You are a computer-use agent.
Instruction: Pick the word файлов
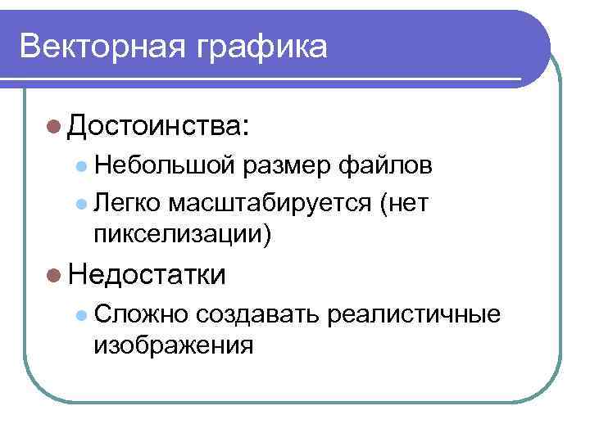point(383,167)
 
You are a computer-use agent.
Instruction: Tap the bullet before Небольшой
point(80,168)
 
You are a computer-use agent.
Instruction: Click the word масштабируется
point(271,202)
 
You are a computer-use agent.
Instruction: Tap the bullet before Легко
point(80,202)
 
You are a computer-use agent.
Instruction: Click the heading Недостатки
point(147,274)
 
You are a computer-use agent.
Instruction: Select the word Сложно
point(141,314)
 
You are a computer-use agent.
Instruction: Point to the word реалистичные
point(413,314)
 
